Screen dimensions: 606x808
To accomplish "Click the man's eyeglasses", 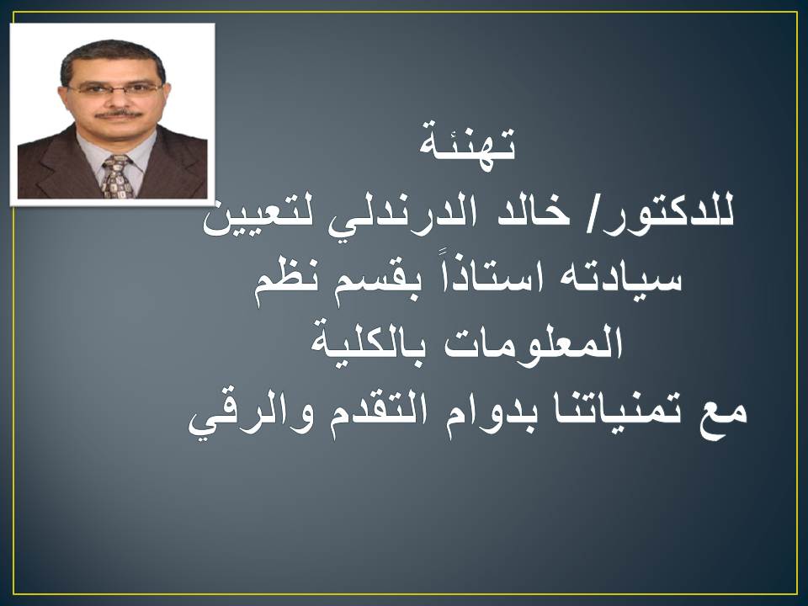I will tap(114, 88).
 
